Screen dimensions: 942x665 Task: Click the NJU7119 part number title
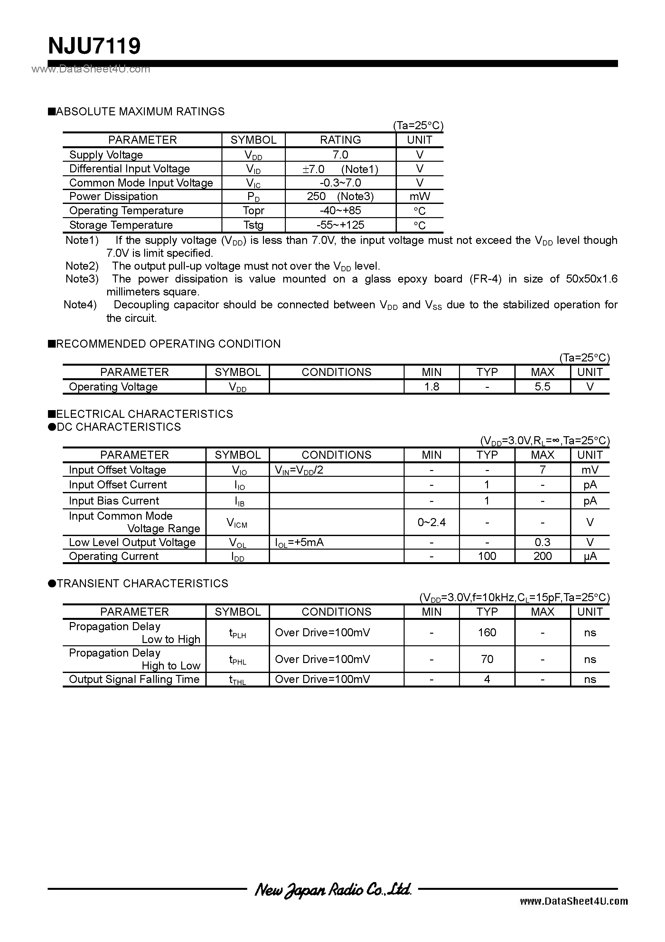pos(94,46)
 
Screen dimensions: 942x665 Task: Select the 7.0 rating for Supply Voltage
pos(340,155)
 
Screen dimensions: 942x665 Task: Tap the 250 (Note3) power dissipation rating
pos(340,197)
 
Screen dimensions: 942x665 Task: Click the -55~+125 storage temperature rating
pos(340,225)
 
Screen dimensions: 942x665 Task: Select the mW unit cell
pos(419,197)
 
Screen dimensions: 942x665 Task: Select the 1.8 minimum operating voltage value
pos(432,387)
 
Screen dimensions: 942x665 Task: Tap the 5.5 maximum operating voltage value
pos(542,387)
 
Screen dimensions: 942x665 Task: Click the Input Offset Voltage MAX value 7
pos(542,470)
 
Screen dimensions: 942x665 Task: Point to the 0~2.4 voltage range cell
pos(432,522)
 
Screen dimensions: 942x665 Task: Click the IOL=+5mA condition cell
pos(299,543)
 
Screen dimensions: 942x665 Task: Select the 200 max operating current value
pos(542,556)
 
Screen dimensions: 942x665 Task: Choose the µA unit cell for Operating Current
pos(590,556)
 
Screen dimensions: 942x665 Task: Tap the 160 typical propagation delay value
pos(487,632)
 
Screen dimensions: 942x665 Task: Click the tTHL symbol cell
pos(237,680)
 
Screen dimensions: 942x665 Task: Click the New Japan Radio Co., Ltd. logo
pos(332,889)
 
